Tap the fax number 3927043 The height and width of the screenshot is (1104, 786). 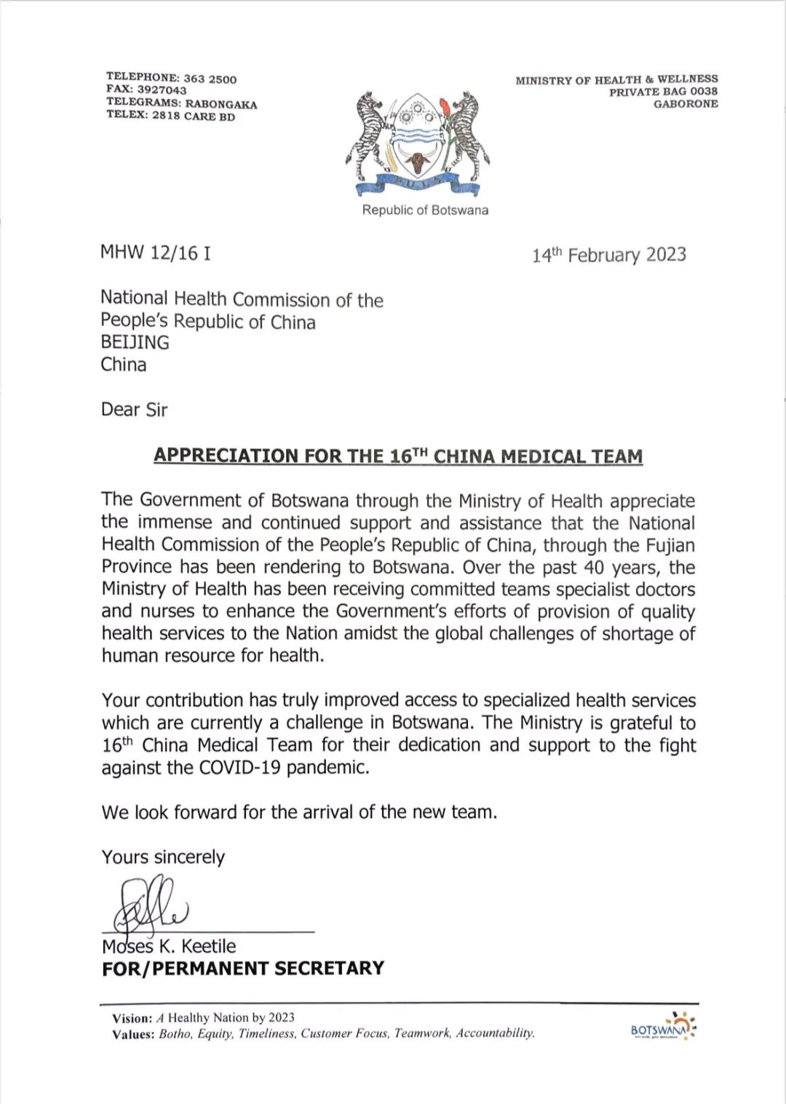pos(162,90)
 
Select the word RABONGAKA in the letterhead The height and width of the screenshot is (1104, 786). pos(221,104)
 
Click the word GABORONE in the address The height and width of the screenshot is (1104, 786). pos(686,103)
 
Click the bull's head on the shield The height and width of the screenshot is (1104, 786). pos(418,162)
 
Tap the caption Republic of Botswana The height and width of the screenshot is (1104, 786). pos(425,210)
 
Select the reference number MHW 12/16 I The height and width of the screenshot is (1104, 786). pos(156,253)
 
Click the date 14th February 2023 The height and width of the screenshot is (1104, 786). pos(608,255)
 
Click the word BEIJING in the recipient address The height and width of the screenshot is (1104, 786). pos(135,343)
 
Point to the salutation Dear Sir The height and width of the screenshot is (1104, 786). pos(134,410)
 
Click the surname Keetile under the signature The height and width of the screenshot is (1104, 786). pos(208,947)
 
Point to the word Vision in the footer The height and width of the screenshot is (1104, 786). pos(132,1018)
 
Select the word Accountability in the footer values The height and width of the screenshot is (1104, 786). pos(495,1033)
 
